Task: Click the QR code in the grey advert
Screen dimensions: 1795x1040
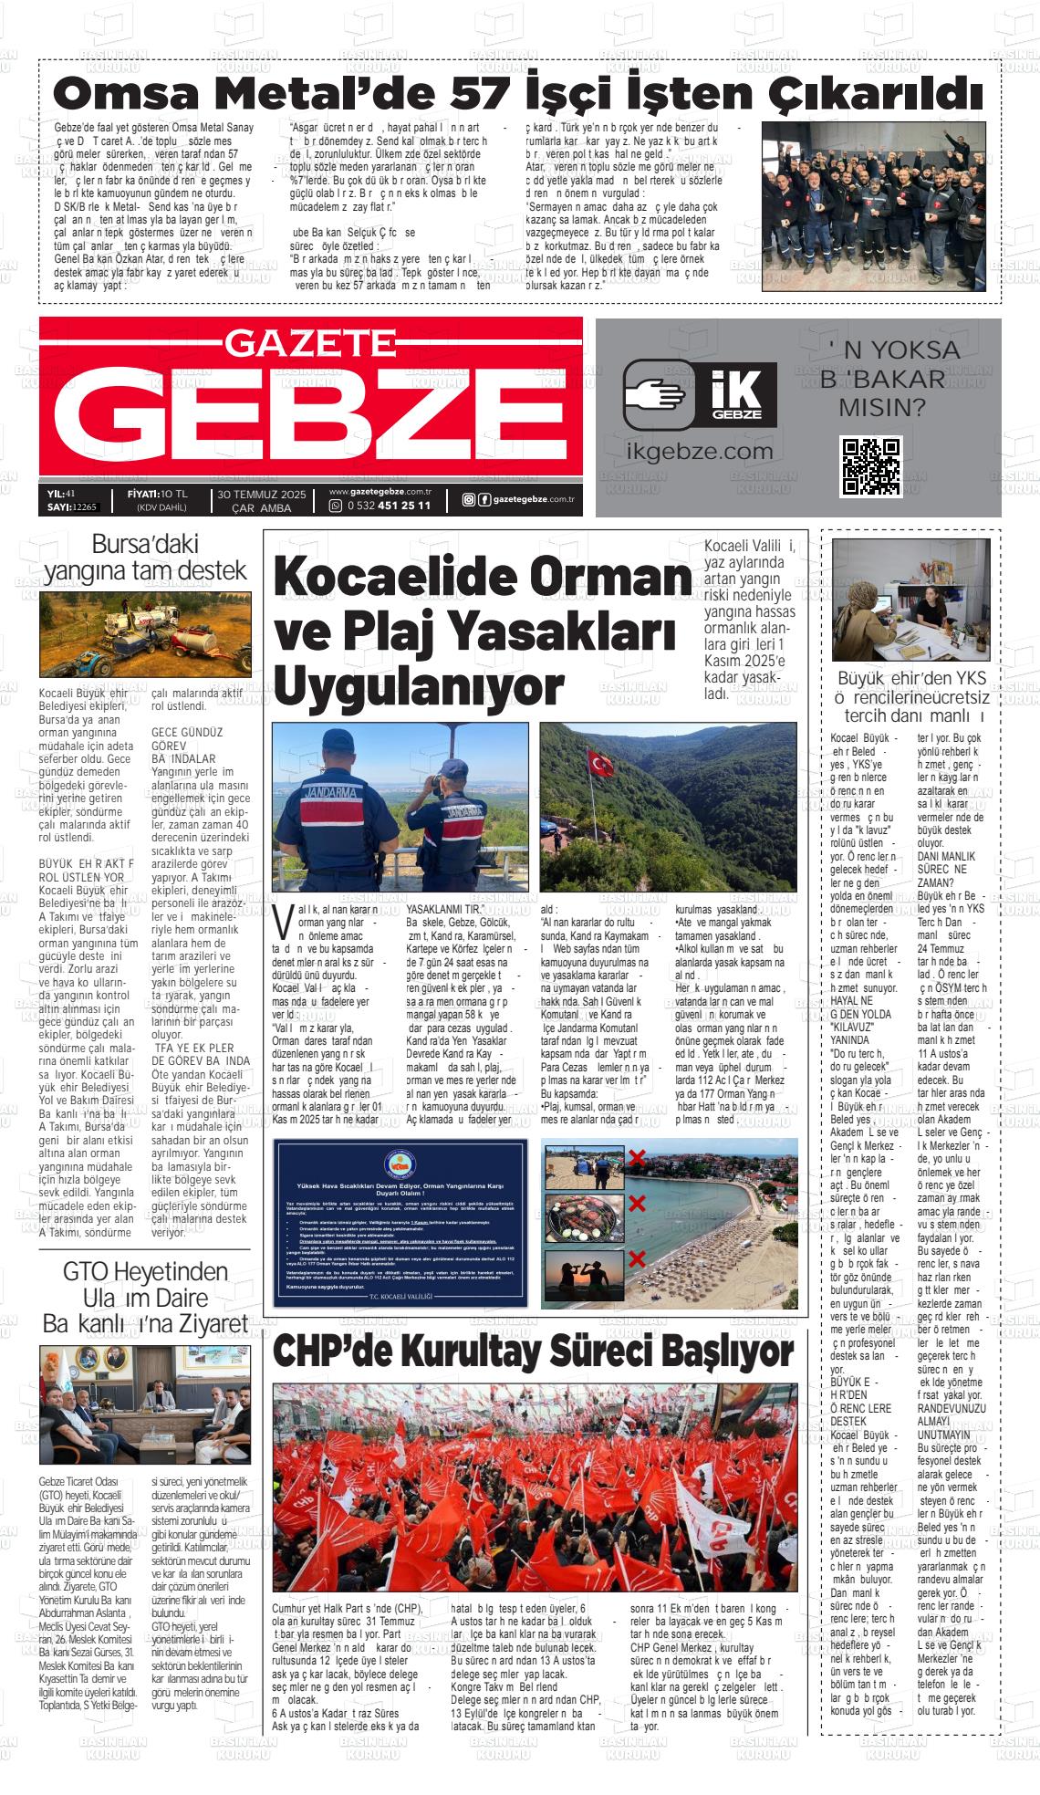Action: pyautogui.click(x=870, y=466)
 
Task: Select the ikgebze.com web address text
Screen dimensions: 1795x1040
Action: pyautogui.click(x=700, y=451)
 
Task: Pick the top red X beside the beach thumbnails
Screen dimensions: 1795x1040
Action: pyautogui.click(x=637, y=1160)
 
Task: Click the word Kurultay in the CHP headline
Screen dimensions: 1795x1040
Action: pyautogui.click(x=519, y=1350)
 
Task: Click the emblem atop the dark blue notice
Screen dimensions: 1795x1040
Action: pyautogui.click(x=400, y=1163)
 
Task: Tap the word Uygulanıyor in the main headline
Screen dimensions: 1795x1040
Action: pyautogui.click(x=418, y=686)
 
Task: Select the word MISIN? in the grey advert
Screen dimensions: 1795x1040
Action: pyautogui.click(x=881, y=406)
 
